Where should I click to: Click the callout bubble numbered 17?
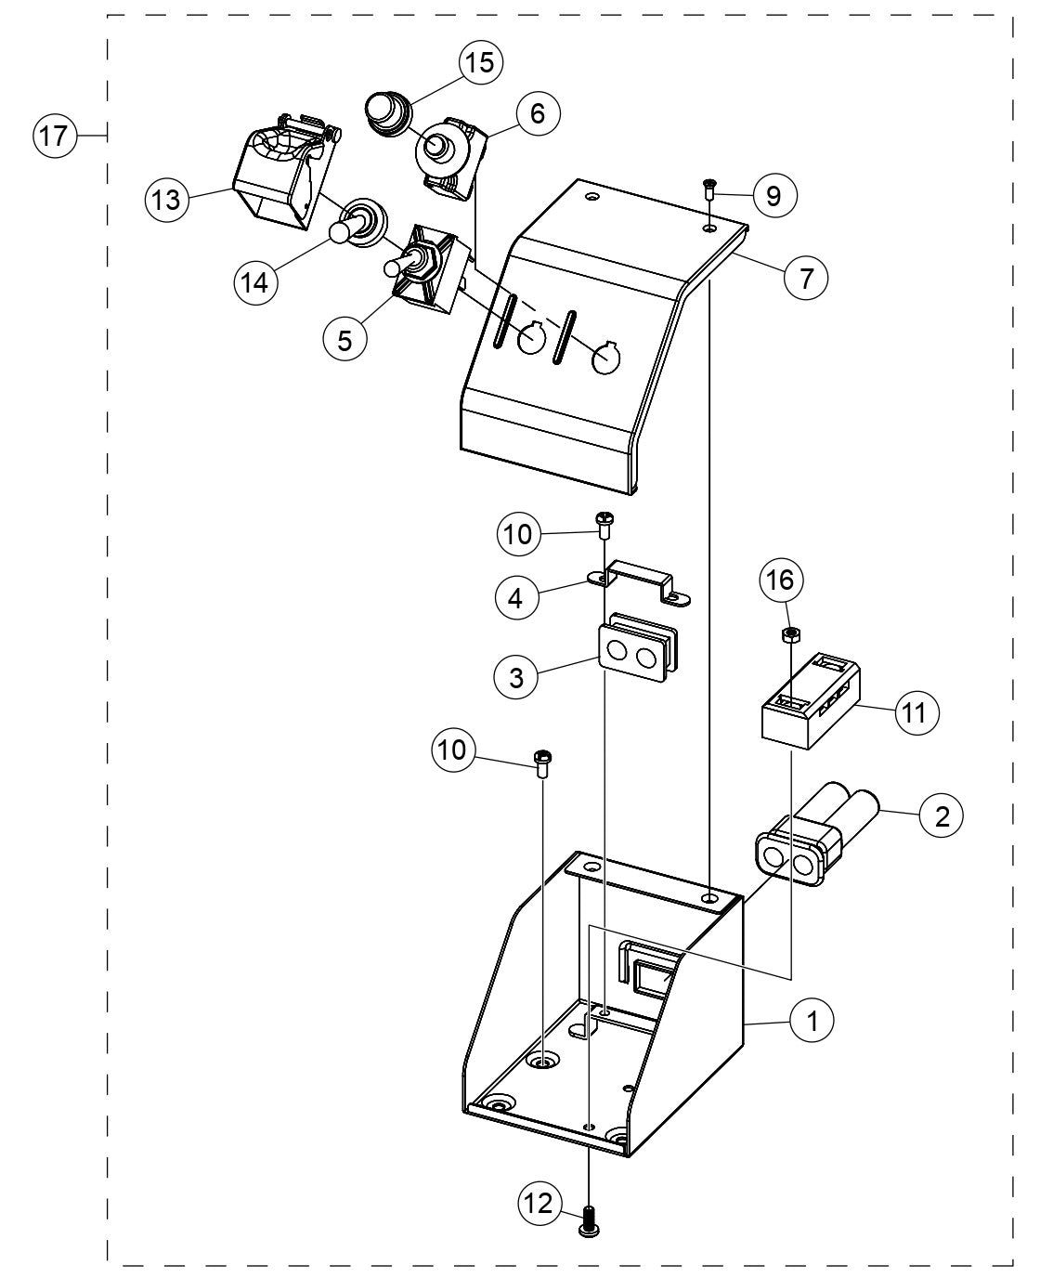pyautogui.click(x=54, y=136)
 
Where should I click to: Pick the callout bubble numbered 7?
pyautogui.click(x=804, y=277)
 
